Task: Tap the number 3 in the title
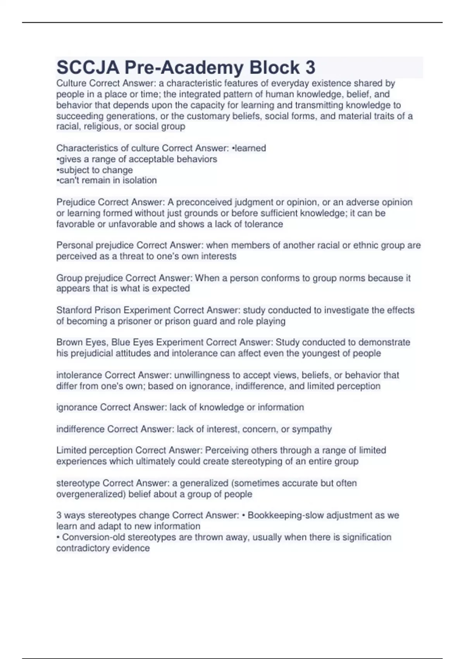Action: coord(310,68)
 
